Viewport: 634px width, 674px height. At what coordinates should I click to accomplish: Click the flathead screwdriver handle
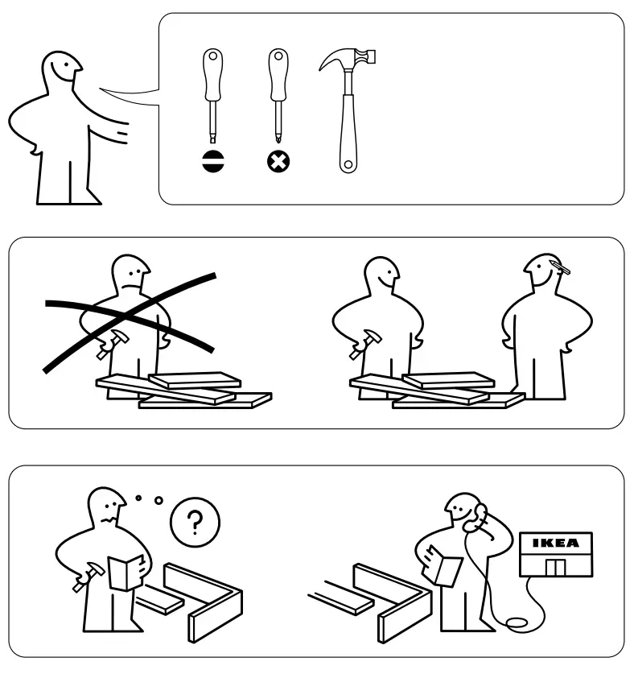click(x=212, y=72)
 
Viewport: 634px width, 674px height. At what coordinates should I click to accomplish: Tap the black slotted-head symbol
click(x=213, y=161)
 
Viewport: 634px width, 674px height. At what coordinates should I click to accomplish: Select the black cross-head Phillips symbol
click(x=278, y=161)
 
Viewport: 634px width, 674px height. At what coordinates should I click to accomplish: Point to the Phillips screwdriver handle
click(x=278, y=72)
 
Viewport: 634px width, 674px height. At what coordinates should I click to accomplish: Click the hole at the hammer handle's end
click(x=348, y=165)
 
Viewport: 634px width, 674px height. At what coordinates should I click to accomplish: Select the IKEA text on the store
click(x=556, y=544)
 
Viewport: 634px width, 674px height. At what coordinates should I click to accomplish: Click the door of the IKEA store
click(x=555, y=567)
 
